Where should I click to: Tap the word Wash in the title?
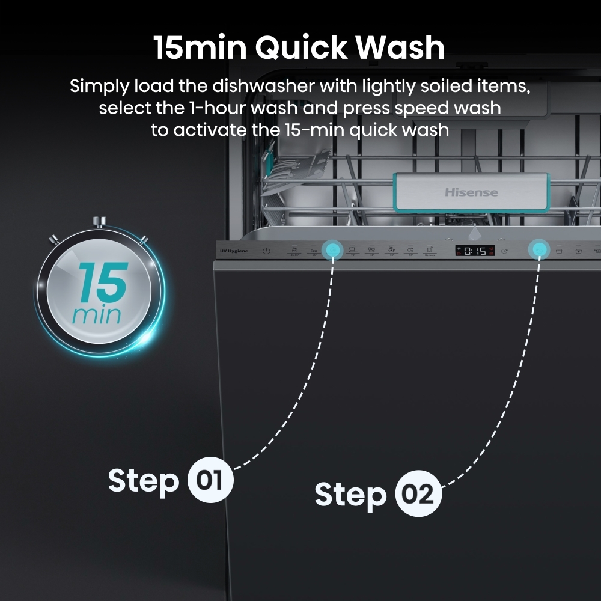tap(407, 48)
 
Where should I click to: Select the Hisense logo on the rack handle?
tap(471, 192)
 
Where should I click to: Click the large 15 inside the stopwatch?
tap(102, 283)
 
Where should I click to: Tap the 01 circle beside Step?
tap(210, 481)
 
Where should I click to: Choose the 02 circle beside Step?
tap(418, 495)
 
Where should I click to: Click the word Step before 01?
tap(144, 481)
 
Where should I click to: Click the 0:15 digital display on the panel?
tap(474, 251)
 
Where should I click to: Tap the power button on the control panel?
tap(266, 251)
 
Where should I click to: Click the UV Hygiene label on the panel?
tap(231, 250)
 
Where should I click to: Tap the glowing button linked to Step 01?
tap(331, 249)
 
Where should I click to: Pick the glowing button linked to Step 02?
tap(538, 249)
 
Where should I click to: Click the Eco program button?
tap(313, 251)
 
